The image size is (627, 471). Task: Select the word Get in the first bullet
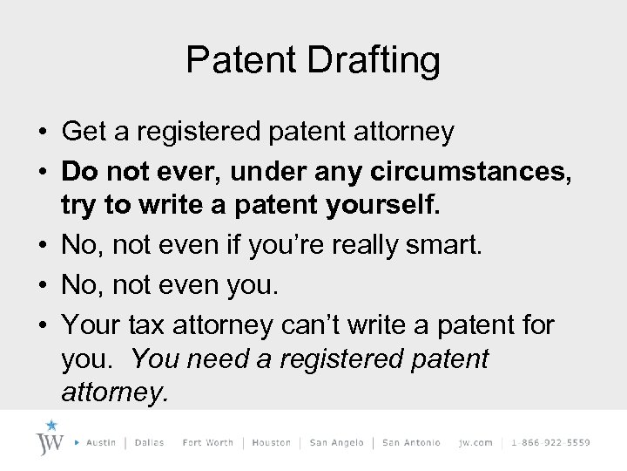click(x=84, y=133)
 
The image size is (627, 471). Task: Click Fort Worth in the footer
click(x=207, y=443)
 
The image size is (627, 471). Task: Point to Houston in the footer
click(x=271, y=443)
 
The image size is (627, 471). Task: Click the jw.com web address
click(x=475, y=443)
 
